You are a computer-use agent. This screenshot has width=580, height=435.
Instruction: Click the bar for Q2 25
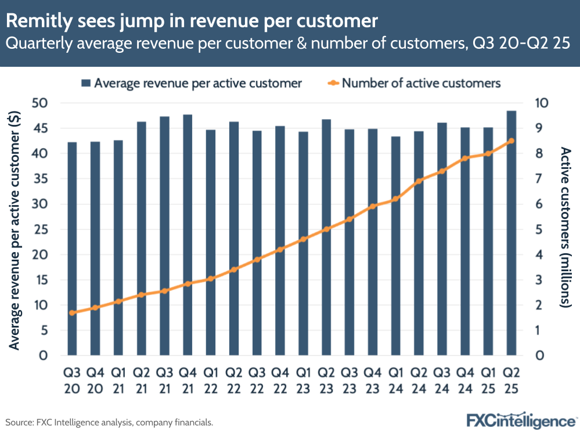(511, 232)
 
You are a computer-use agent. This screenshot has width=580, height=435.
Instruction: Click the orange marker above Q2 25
(511, 141)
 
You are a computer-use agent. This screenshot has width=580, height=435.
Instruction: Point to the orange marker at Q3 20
(72, 312)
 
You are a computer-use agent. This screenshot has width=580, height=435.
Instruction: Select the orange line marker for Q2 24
(419, 181)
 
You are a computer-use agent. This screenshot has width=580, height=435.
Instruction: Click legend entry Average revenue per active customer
(192, 83)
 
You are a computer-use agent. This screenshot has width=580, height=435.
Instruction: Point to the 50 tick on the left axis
(46, 103)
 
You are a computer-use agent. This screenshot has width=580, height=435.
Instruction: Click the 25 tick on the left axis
(46, 229)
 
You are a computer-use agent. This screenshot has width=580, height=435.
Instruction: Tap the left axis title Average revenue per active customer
(15, 229)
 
